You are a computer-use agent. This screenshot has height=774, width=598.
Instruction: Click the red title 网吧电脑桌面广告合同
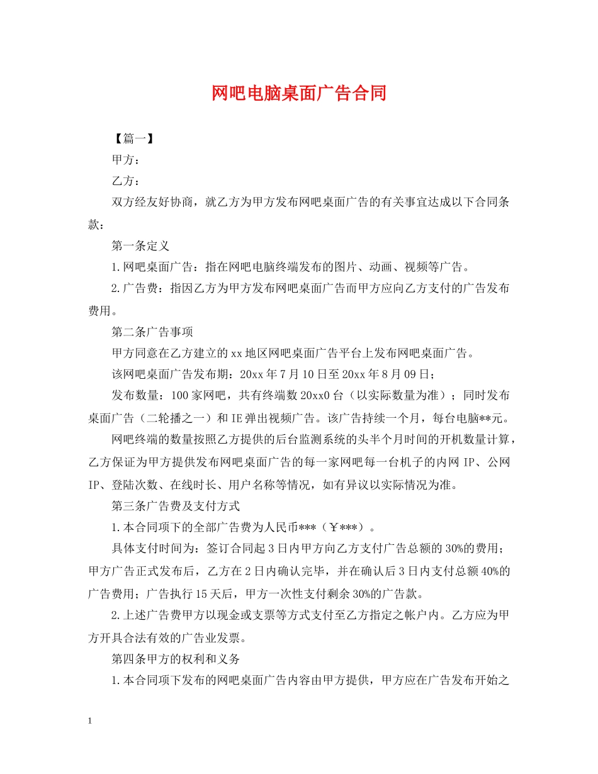pos(298,94)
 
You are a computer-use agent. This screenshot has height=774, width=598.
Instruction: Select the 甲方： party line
pos(125,160)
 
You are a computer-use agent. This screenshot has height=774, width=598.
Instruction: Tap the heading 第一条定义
pos(140,245)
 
